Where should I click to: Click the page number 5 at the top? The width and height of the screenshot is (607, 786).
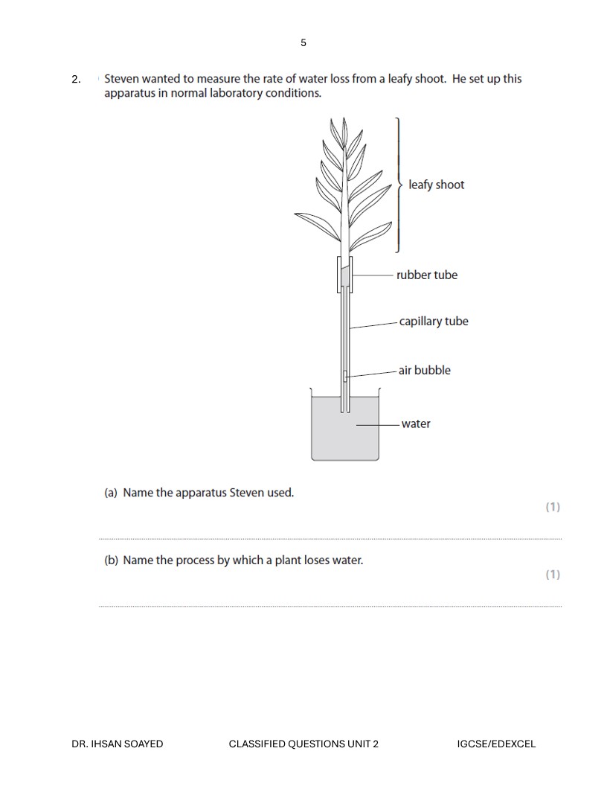(303, 42)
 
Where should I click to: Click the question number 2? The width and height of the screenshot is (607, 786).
(76, 79)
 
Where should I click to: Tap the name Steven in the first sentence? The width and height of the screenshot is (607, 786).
(123, 78)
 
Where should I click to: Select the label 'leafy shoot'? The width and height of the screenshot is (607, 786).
(436, 185)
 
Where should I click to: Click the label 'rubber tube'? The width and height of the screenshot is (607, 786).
(427, 275)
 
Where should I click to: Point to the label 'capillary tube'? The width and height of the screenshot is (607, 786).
(434, 322)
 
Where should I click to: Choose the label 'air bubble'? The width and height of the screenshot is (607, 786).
(424, 370)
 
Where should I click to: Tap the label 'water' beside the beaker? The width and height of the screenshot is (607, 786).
(416, 424)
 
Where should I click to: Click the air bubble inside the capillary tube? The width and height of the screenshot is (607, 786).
(345, 376)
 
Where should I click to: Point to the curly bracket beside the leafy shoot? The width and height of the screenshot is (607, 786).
(399, 185)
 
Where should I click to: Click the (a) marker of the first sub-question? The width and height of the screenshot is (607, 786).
(111, 493)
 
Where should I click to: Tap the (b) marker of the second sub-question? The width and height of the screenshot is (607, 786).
(111, 560)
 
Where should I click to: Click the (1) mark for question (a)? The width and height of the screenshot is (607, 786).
(552, 507)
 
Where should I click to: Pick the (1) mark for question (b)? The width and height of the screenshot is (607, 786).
(552, 575)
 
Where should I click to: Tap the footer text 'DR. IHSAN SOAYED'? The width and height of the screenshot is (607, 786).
(118, 744)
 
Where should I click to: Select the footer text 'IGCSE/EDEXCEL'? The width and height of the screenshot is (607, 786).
(496, 744)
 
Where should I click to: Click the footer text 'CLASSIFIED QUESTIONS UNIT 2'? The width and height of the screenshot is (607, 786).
(303, 744)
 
